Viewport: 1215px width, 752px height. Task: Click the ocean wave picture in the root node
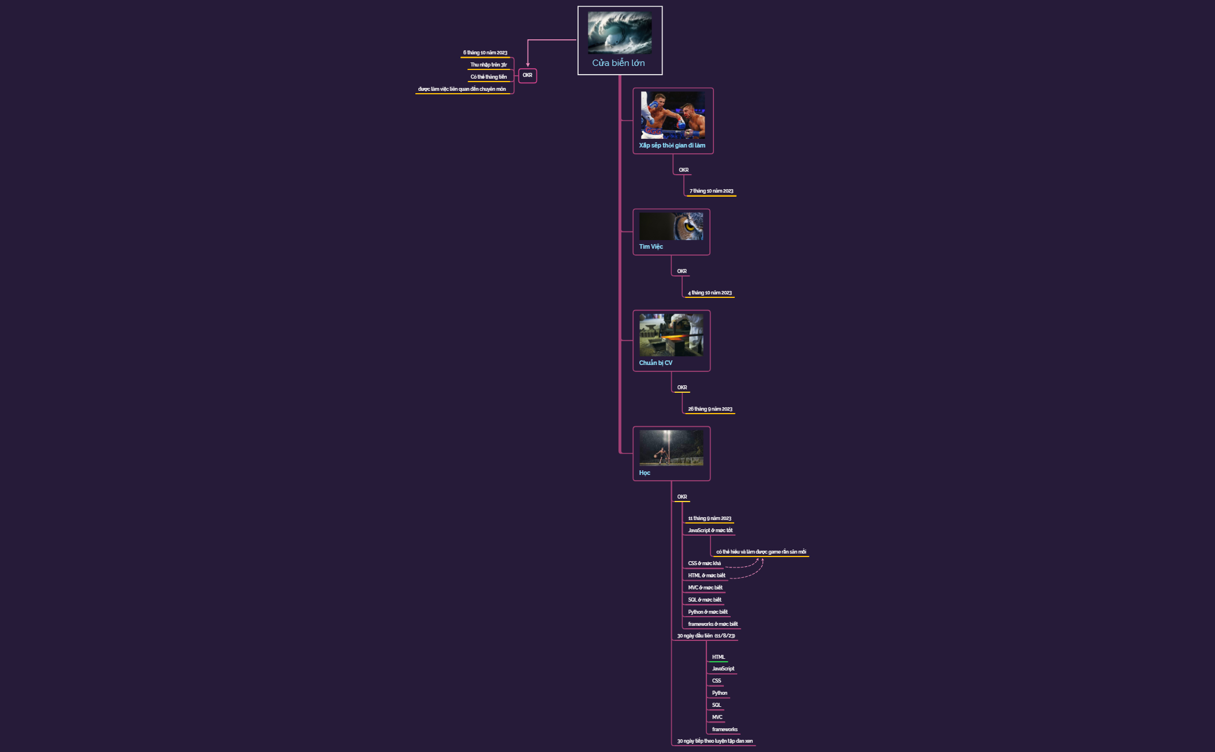pos(620,33)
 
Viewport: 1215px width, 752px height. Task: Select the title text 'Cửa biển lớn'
pos(618,63)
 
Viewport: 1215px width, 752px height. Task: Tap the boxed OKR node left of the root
pos(528,75)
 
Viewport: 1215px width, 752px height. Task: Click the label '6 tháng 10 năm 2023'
pos(485,53)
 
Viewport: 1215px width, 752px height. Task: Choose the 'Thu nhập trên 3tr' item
pos(488,65)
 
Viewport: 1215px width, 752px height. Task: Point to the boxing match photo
pos(673,115)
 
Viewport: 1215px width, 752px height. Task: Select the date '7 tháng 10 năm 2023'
pos(711,191)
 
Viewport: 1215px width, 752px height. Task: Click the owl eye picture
pos(671,226)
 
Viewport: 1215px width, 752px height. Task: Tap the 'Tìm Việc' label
pos(651,247)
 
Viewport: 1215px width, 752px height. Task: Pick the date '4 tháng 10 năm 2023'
pos(709,293)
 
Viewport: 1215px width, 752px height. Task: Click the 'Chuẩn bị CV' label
pos(656,363)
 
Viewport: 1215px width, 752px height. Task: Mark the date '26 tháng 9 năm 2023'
pos(710,409)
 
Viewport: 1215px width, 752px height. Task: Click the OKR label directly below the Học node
pos(682,497)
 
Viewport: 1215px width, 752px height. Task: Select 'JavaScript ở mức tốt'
pos(710,530)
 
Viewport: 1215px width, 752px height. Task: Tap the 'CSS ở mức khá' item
pos(704,563)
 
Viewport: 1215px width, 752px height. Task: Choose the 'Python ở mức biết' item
pos(708,612)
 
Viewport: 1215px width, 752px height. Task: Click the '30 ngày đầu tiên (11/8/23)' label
pos(706,636)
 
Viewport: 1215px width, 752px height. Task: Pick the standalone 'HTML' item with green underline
pos(718,657)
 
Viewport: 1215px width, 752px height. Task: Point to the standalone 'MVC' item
pos(717,717)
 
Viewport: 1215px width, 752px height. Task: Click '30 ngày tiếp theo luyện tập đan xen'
pos(715,741)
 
